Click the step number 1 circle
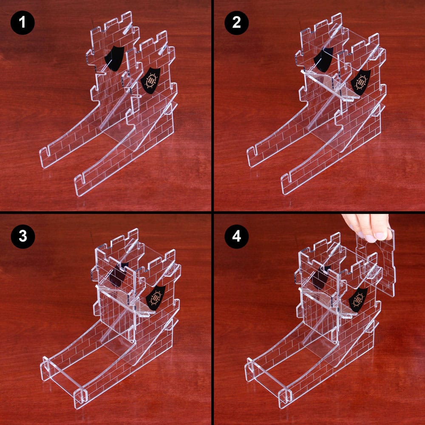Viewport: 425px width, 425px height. (22, 23)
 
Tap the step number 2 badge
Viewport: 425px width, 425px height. (236, 23)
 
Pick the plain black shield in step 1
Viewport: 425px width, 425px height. (114, 59)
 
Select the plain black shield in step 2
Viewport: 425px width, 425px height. (323, 59)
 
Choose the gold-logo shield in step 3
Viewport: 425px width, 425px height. (156, 297)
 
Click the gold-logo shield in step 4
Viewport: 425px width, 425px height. (358, 299)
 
